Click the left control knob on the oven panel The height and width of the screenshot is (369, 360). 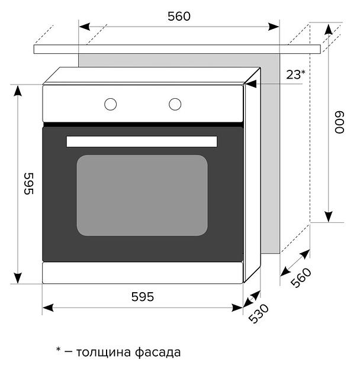[111, 104]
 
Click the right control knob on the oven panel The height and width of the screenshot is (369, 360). [175, 104]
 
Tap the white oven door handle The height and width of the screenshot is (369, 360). [142, 141]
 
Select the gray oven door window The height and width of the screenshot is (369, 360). [142, 195]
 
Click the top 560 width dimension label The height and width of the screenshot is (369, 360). [179, 17]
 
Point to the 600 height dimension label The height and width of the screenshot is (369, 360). [339, 122]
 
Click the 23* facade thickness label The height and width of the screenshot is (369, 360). [295, 75]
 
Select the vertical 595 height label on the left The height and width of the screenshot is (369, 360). [29, 184]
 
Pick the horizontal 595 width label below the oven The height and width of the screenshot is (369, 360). [143, 297]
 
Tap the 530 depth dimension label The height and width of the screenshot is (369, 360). [259, 313]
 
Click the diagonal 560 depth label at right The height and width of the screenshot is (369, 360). [301, 278]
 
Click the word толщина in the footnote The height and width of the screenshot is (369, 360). [104, 352]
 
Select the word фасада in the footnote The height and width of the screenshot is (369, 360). [158, 352]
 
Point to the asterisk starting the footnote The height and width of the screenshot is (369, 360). [58, 349]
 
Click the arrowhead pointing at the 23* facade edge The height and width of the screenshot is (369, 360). [251, 84]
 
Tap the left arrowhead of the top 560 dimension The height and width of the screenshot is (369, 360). [85, 27]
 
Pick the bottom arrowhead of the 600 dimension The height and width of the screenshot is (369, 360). [329, 216]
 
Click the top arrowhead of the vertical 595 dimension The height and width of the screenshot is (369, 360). [18, 91]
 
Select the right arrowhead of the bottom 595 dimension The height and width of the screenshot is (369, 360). [237, 307]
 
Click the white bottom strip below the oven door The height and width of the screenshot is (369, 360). [143, 273]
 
